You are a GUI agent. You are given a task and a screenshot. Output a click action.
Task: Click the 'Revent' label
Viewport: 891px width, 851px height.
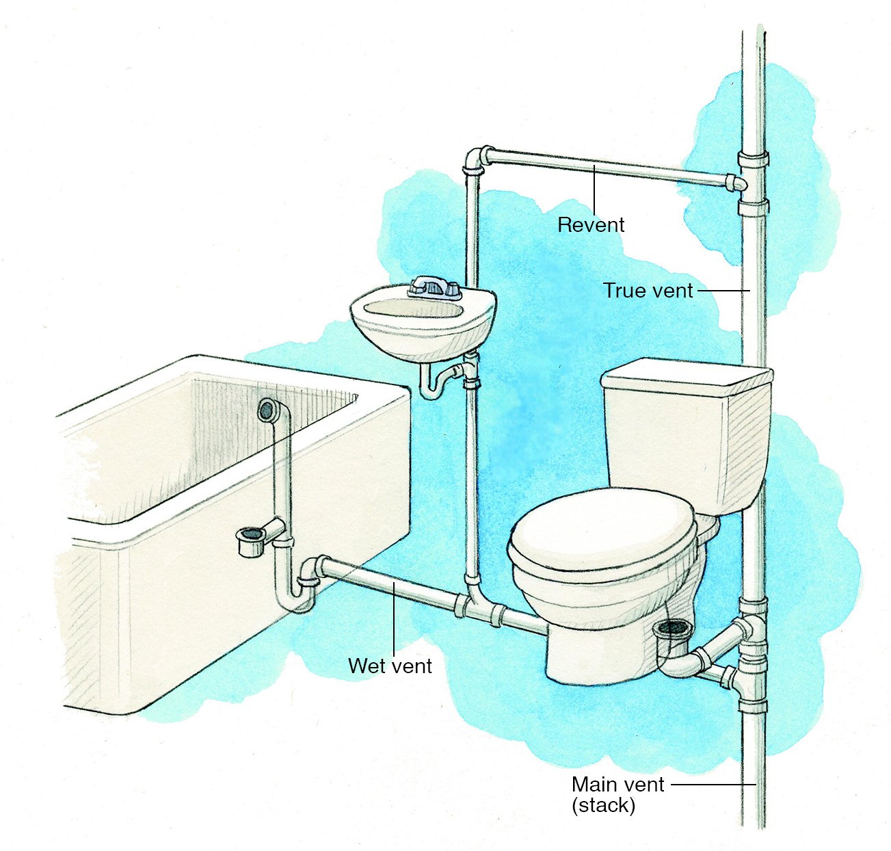coord(591,225)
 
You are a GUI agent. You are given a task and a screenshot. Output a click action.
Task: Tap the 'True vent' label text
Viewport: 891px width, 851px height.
coord(648,291)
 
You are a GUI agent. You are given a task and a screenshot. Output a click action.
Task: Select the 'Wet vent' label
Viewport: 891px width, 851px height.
coord(390,666)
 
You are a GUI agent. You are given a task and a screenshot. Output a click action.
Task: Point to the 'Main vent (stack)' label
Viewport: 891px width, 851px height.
coord(617,794)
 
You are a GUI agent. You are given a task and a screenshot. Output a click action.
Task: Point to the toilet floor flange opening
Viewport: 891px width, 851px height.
coord(673,627)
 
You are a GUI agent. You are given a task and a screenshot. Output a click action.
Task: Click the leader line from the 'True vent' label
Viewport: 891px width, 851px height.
coord(723,291)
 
